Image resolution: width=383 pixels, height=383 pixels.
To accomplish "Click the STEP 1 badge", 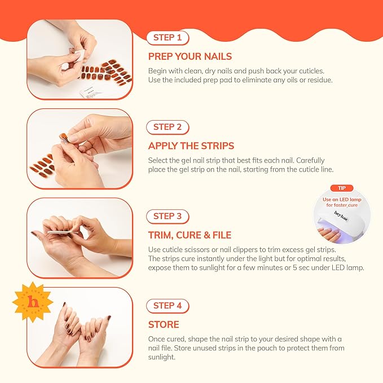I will (x=168, y=38).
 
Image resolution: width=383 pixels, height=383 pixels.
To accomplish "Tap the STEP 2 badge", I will (x=168, y=127).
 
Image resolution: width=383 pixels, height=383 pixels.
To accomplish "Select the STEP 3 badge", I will (x=168, y=216).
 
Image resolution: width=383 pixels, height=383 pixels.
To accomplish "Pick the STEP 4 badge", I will (x=168, y=305).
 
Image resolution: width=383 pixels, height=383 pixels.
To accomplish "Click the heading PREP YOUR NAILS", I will (x=190, y=56).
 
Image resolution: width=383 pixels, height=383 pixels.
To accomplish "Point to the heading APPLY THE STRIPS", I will (x=191, y=146).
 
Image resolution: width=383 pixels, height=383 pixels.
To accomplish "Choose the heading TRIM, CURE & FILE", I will (x=190, y=235).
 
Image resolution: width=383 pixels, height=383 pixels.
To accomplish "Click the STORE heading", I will (x=164, y=324).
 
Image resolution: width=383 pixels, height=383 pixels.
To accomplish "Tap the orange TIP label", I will (x=342, y=188).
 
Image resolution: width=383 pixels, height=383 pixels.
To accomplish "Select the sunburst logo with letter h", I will (x=32, y=302).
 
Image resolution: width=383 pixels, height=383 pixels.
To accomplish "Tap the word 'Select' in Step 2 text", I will (x=159, y=160).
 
